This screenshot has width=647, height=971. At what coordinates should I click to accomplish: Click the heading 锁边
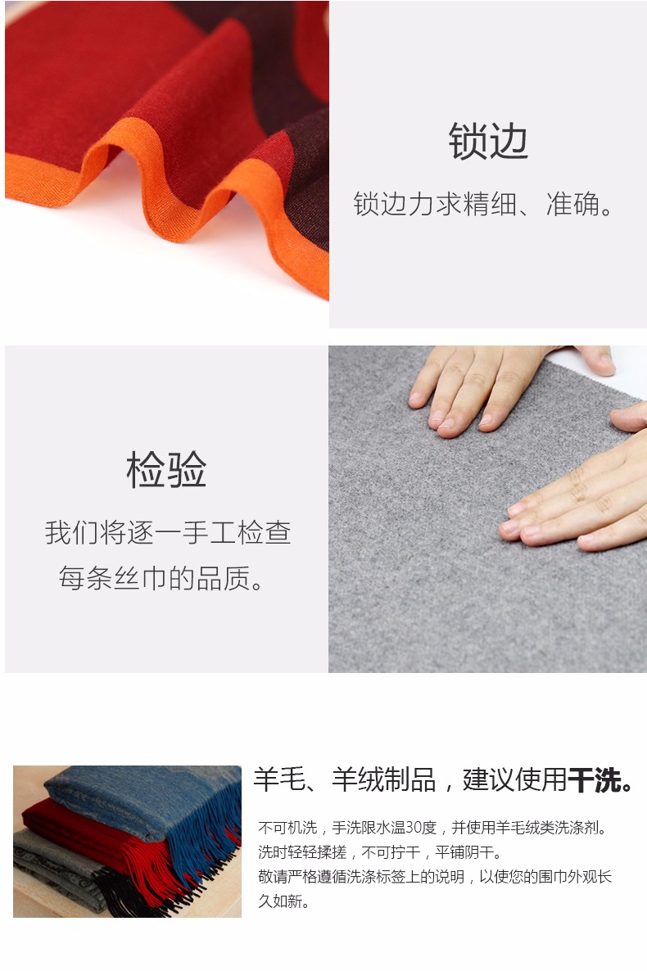pos(488,141)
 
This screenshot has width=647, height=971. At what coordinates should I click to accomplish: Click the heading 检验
pos(166,469)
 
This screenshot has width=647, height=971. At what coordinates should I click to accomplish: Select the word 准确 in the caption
pos(573,205)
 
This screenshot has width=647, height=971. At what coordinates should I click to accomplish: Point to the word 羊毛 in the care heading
pos(279,779)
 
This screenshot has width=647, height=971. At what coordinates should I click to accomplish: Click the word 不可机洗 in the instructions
pos(288,828)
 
